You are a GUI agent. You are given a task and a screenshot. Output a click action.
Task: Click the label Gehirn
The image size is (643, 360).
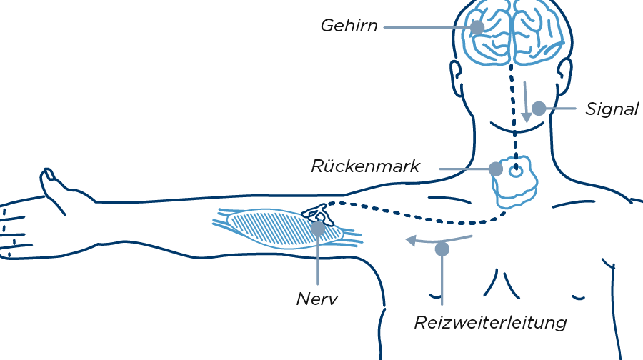click(348, 26)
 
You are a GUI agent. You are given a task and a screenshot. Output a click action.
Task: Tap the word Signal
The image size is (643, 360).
click(612, 109)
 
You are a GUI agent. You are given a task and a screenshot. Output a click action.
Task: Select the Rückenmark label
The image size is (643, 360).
click(365, 166)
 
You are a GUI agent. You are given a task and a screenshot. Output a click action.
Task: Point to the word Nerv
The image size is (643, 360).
click(316, 299)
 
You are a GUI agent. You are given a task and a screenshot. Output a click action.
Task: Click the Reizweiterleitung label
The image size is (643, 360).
click(490, 323)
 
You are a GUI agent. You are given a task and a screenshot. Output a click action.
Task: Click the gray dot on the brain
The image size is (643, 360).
click(477, 28)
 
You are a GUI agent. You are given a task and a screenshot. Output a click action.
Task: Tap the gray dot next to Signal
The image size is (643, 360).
click(539, 109)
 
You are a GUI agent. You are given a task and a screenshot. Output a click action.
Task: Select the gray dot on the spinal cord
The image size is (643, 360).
click(495, 169)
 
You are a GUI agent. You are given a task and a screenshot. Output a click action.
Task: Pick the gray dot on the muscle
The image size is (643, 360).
click(317, 229)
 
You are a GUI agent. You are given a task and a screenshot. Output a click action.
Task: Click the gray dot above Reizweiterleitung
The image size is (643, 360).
click(442, 249)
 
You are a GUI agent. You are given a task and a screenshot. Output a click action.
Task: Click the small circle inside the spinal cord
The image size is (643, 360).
click(516, 172)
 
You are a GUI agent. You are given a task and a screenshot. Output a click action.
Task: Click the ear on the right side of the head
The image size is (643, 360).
click(564, 74)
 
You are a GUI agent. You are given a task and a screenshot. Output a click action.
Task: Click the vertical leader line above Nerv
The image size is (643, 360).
click(317, 264)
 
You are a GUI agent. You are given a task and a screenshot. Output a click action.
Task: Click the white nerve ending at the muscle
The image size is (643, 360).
click(315, 214)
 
